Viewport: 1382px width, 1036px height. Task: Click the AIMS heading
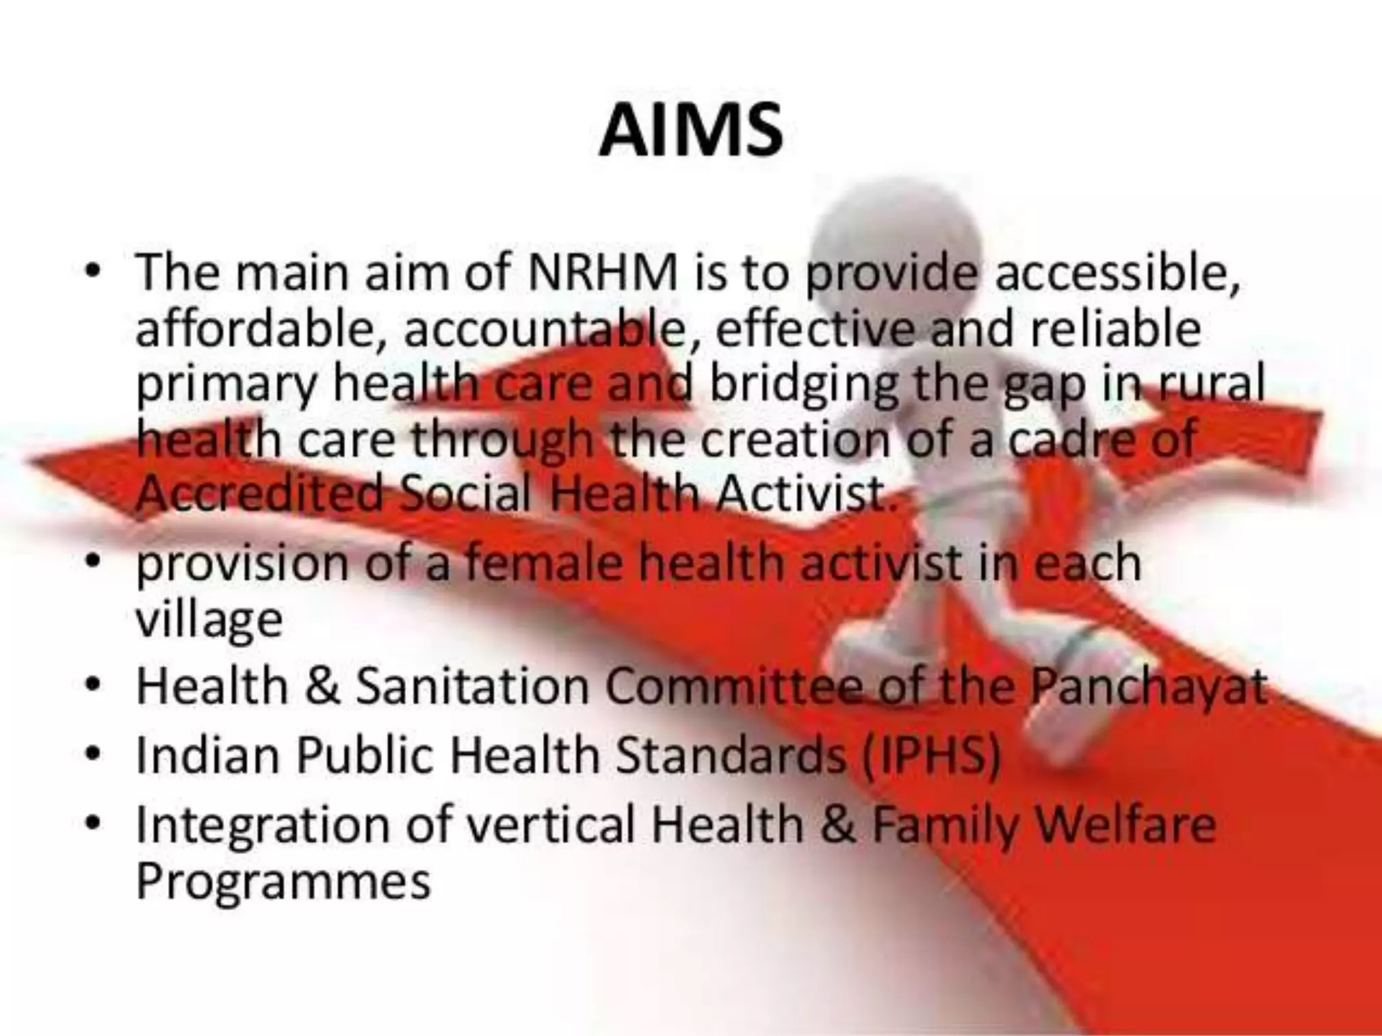(x=690, y=132)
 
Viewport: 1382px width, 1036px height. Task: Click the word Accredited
(x=260, y=494)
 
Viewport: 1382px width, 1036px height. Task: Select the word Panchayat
(x=1147, y=686)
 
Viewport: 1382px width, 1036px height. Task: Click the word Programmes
(x=283, y=880)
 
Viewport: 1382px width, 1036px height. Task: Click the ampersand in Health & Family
(x=838, y=824)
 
